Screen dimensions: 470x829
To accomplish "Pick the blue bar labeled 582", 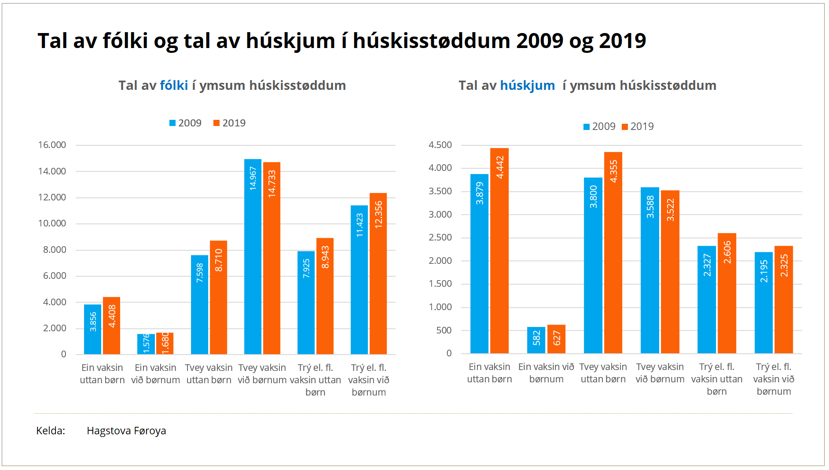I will [x=536, y=340].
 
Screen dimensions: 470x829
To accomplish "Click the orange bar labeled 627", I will [x=556, y=339].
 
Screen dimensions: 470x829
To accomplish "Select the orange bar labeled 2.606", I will [x=727, y=293].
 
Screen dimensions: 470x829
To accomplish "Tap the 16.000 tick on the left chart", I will [x=52, y=145].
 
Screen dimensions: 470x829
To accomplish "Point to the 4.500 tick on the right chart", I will [x=440, y=145].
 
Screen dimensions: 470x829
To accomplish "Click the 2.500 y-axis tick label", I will [x=440, y=237].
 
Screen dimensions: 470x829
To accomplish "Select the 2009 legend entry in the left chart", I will [x=185, y=123].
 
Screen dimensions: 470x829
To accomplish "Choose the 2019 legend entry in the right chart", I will [x=638, y=126].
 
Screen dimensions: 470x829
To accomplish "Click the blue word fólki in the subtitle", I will [x=174, y=85].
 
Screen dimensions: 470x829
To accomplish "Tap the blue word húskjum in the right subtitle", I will [x=527, y=85].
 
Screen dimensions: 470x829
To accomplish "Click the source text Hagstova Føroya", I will [x=126, y=431].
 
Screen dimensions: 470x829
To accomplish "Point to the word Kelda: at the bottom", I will [x=51, y=431].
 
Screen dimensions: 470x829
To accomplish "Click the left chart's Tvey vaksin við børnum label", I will [x=262, y=374].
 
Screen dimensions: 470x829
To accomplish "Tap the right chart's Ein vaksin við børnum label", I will [x=546, y=373].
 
